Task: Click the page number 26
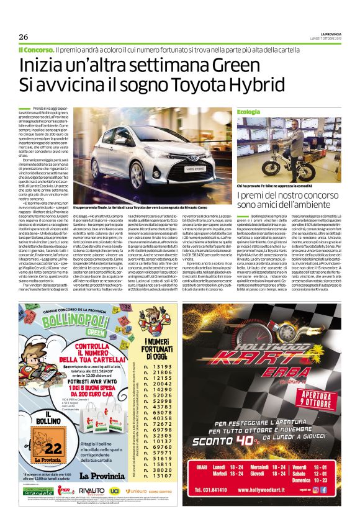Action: [23, 37]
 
